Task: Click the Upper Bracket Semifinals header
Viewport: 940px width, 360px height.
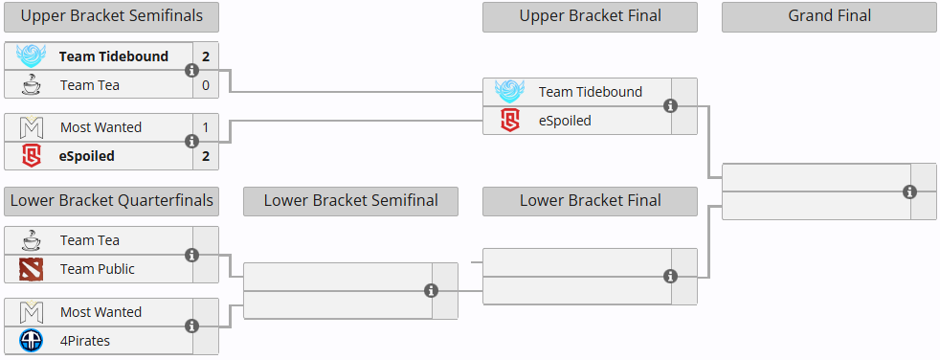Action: (111, 16)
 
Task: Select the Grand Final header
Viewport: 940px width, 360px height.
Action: (829, 16)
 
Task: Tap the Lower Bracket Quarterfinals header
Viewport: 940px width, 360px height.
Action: (111, 201)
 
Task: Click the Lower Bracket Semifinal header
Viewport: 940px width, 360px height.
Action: (350, 201)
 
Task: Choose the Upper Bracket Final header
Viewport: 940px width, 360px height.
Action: (590, 16)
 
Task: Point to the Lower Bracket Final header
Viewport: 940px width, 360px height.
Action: (590, 201)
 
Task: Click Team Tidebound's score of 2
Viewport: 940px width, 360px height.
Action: (205, 56)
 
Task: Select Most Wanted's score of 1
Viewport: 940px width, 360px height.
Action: (205, 127)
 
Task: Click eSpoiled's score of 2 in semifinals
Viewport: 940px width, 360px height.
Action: (205, 156)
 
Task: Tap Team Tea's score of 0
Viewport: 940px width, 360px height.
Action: (205, 85)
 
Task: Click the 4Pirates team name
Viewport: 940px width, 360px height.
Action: (86, 341)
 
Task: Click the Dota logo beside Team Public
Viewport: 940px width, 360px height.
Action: (32, 269)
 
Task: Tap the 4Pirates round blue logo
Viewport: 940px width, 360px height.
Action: (32, 341)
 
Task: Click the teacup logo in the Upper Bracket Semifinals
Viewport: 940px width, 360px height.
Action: (32, 85)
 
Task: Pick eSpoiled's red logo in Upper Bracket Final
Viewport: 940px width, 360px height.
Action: (510, 121)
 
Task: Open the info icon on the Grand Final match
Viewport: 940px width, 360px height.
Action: (909, 192)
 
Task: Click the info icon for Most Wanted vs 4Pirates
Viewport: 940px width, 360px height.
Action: (191, 326)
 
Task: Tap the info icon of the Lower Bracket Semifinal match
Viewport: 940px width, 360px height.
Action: (431, 291)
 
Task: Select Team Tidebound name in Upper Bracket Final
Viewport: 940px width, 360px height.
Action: (590, 92)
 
